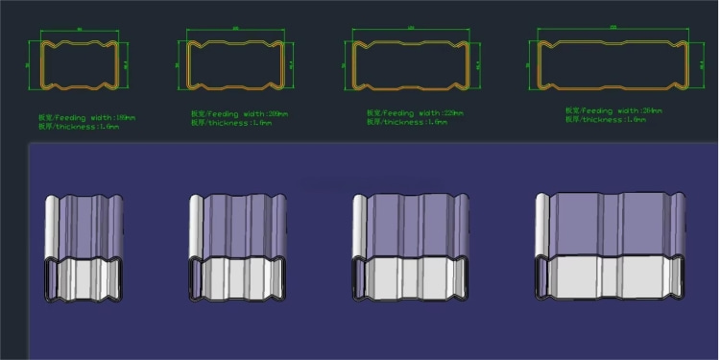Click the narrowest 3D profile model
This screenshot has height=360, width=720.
tap(84, 248)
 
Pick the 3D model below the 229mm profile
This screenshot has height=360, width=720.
tap(411, 248)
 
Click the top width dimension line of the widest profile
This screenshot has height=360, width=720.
tap(612, 30)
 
